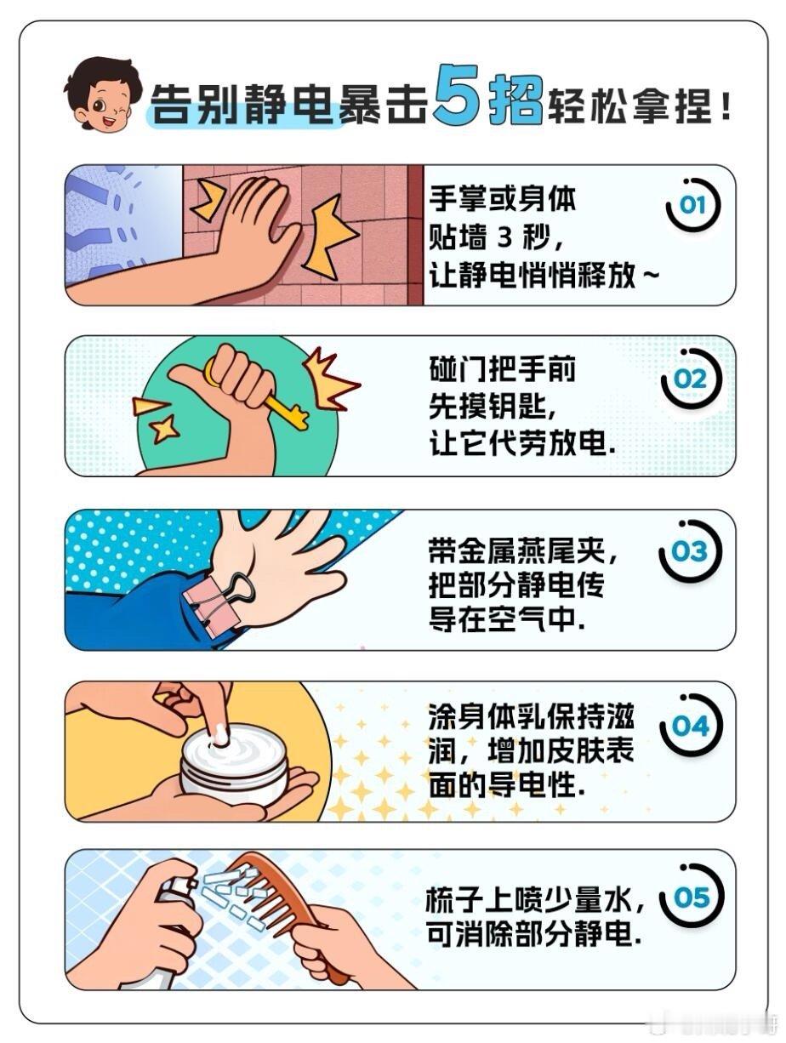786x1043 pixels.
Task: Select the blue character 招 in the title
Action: tap(516, 98)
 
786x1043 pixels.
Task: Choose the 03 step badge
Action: tap(691, 550)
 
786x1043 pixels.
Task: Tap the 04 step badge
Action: tap(692, 725)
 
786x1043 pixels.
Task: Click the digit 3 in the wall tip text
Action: tap(504, 237)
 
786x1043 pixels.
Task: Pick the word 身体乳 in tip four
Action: tap(502, 717)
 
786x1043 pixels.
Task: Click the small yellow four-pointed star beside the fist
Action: tap(164, 429)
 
